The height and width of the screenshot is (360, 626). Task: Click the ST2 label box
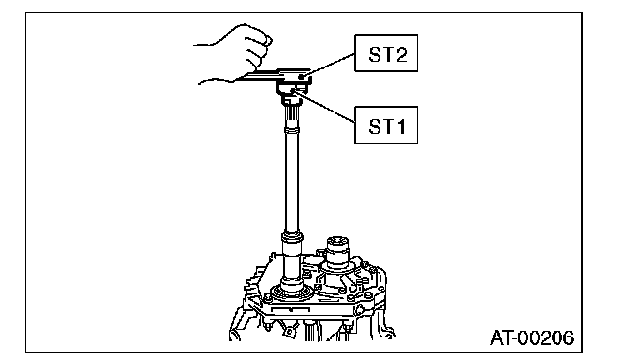pos(385,54)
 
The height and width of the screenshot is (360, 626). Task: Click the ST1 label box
pos(385,125)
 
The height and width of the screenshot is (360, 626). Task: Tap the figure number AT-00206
pos(532,338)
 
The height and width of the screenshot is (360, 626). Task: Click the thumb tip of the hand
pos(269,40)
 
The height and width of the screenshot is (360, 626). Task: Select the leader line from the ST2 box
pos(329,65)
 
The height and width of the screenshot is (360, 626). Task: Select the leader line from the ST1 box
pos(325,107)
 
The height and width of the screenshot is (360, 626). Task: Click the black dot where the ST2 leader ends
pos(302,76)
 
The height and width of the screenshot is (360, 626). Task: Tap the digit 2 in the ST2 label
pos(400,54)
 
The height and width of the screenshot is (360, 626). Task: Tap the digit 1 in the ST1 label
pos(399,126)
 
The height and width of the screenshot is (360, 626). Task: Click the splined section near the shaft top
pos(291,116)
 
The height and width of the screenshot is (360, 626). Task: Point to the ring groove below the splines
pos(291,130)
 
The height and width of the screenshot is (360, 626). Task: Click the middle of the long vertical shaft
pos(291,182)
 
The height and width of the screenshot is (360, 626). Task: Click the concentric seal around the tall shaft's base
pos(291,292)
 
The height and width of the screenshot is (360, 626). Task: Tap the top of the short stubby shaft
pos(337,241)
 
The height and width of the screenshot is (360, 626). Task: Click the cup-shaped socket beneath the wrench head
pos(289,89)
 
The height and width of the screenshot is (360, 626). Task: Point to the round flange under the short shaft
pos(337,276)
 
